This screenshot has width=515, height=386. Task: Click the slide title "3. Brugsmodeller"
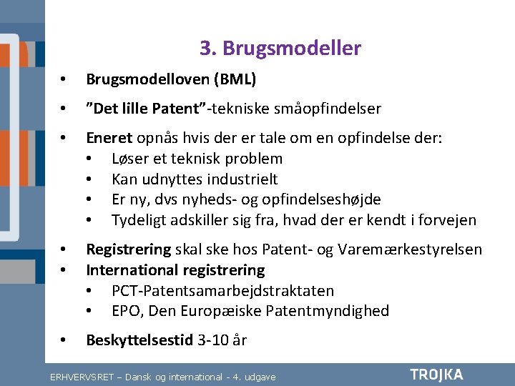[280, 49]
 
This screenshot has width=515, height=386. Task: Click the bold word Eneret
[108, 138]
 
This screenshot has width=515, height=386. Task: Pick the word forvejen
[446, 220]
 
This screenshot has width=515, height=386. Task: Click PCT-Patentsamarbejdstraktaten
[222, 291]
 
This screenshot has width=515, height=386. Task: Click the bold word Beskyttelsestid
[139, 340]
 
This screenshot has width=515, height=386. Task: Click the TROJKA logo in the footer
[436, 375]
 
